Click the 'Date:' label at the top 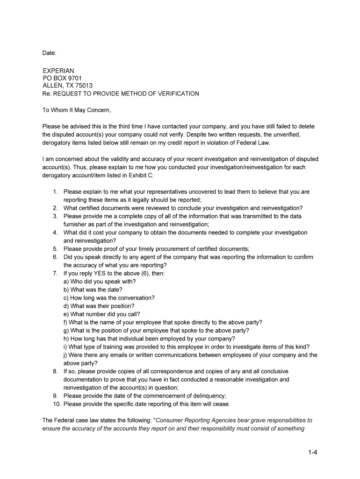[49, 54]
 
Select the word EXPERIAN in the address [58, 71]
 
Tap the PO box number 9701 [75, 78]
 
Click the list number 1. [55, 192]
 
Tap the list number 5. [55, 249]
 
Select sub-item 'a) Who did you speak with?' [100, 282]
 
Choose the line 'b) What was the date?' [93, 290]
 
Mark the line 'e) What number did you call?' [101, 314]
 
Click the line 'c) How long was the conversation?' [109, 298]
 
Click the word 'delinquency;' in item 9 [207, 396]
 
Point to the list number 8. [55, 371]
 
